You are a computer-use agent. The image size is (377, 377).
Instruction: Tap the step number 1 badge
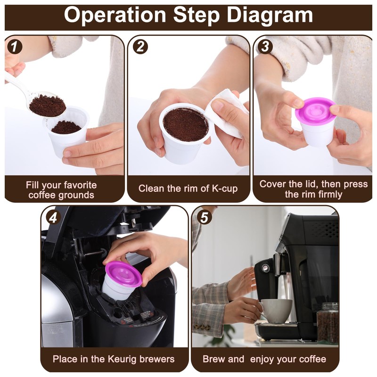(16, 47)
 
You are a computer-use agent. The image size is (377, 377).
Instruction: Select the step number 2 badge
(140, 47)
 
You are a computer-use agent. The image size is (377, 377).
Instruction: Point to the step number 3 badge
(265, 47)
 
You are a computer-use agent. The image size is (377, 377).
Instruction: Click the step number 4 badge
(53, 217)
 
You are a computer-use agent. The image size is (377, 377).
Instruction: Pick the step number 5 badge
(203, 217)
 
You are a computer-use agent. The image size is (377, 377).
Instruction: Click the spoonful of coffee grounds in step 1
(47, 105)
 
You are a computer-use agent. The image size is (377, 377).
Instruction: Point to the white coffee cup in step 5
(276, 311)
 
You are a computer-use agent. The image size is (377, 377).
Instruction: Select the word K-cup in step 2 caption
(223, 188)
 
